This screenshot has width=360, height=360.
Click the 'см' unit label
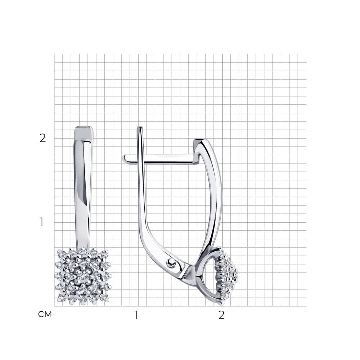[45, 314]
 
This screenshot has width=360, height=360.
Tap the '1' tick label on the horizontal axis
[136, 315]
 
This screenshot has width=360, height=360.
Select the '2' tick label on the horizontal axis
[221, 315]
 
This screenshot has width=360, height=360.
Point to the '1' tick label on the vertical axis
[41, 222]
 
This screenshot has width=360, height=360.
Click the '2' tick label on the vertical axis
[43, 138]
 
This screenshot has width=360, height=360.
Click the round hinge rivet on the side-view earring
[171, 262]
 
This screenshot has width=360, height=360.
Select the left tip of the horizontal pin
[123, 158]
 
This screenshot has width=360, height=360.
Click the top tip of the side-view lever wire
[140, 127]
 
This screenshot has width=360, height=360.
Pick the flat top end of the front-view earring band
[84, 127]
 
